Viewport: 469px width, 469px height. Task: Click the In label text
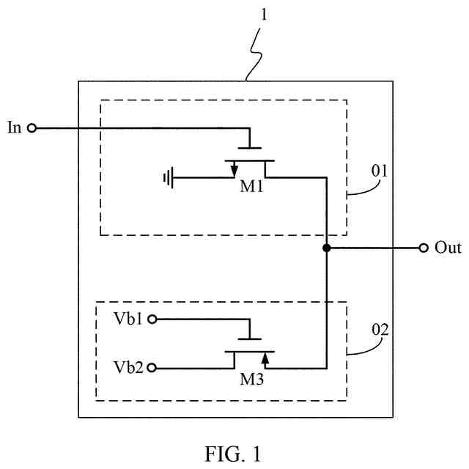(14, 128)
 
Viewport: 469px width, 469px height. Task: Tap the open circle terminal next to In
(32, 128)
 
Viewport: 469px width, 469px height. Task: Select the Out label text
(448, 248)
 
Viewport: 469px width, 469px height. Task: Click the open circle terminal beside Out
(424, 248)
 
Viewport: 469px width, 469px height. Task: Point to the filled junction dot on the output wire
(327, 248)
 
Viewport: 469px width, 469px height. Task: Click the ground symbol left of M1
(169, 178)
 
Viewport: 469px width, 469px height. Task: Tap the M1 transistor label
(251, 187)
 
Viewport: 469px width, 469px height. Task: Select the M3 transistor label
(252, 380)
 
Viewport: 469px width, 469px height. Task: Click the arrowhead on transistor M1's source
(234, 170)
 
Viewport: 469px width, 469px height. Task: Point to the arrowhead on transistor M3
(265, 358)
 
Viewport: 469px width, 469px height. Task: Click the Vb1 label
(128, 319)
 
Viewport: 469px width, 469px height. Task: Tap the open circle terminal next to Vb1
(152, 320)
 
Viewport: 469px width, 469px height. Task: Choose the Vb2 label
(128, 367)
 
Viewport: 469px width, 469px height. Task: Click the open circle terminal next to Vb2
(152, 368)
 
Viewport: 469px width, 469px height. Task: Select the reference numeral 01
(380, 171)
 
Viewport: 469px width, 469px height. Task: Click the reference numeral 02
(380, 330)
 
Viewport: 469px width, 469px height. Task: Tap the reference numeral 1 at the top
(264, 15)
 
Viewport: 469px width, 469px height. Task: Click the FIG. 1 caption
(233, 454)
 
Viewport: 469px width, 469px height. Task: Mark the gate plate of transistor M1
(250, 148)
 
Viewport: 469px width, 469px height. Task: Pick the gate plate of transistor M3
(250, 339)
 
